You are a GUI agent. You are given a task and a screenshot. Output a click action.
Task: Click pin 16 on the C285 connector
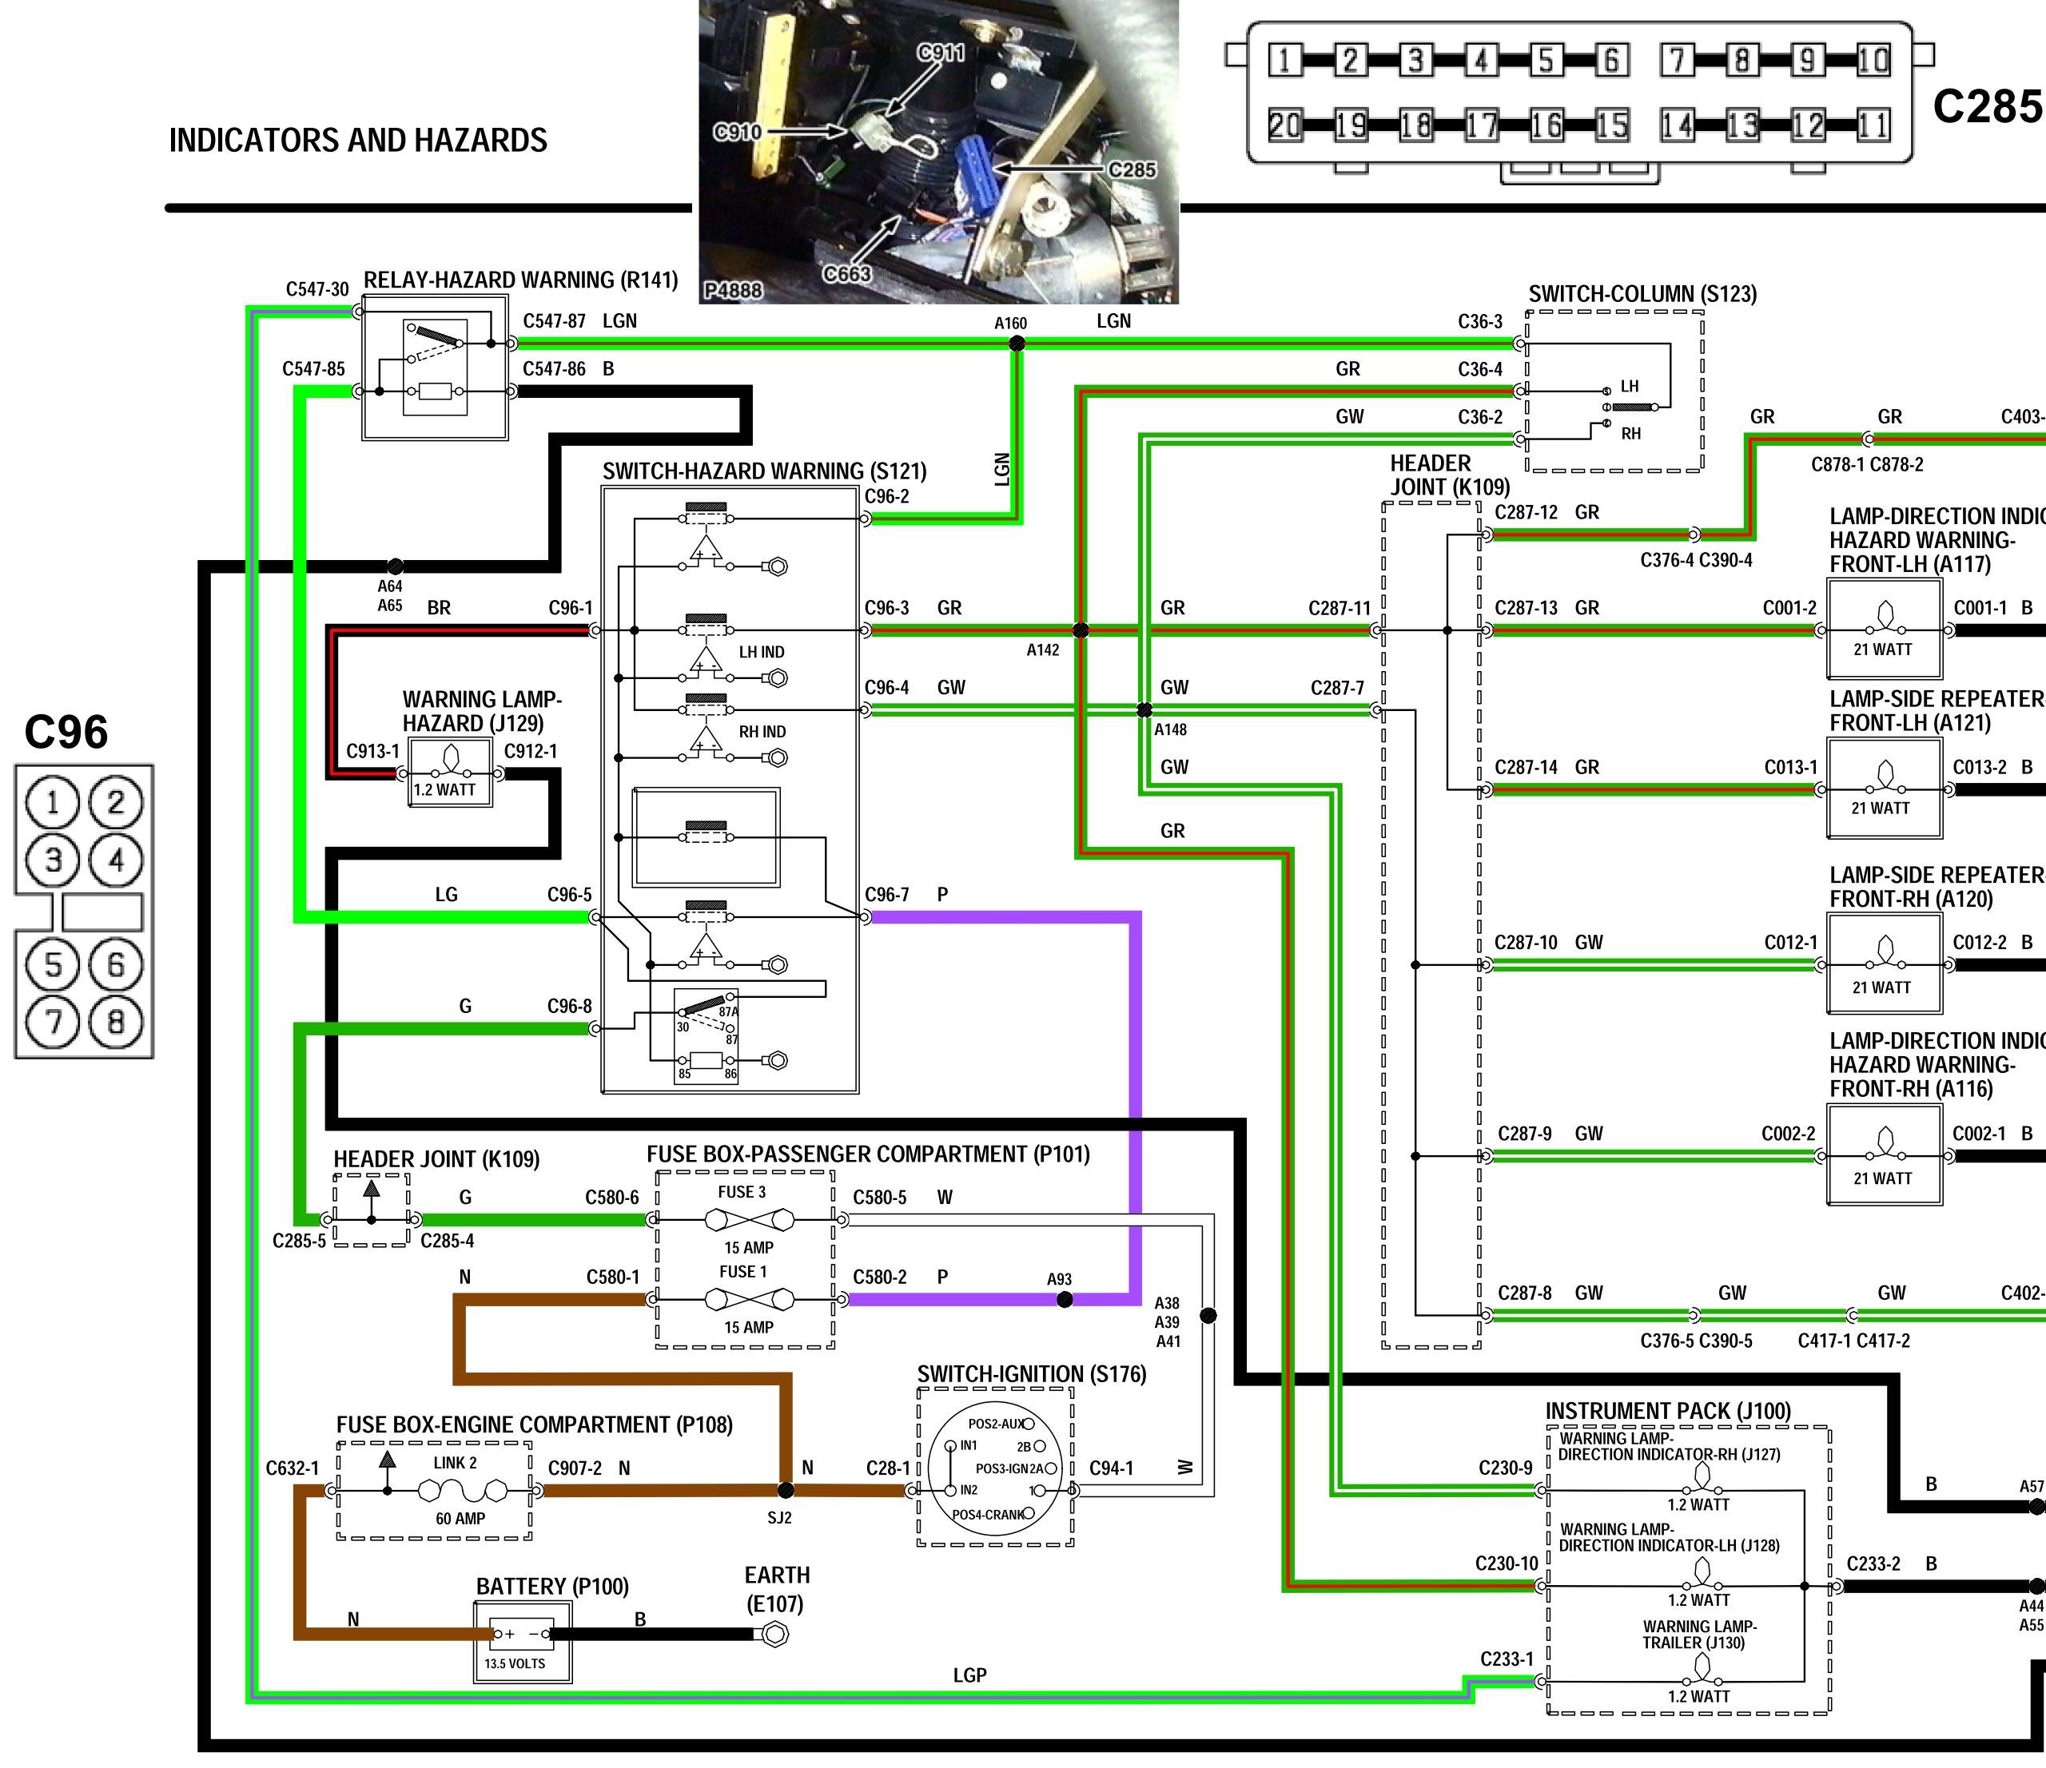click(1546, 125)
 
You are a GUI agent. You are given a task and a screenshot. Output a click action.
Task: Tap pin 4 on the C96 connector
click(117, 860)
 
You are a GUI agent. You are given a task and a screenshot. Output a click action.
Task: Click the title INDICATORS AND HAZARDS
click(357, 140)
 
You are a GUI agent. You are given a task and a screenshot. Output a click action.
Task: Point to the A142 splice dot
click(1081, 630)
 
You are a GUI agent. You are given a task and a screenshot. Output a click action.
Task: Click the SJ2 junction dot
click(786, 1490)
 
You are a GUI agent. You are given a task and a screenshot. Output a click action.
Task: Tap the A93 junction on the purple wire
click(1065, 1300)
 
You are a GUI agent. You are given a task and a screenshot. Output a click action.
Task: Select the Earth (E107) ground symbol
click(777, 1635)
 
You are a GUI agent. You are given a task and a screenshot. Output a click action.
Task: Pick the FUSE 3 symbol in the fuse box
click(743, 1220)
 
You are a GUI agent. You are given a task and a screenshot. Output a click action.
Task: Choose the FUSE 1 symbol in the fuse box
click(743, 1300)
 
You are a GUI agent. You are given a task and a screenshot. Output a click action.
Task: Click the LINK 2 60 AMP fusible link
click(460, 1490)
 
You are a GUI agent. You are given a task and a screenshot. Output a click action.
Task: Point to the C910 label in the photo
click(737, 131)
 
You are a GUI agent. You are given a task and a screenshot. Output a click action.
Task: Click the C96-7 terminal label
click(886, 894)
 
